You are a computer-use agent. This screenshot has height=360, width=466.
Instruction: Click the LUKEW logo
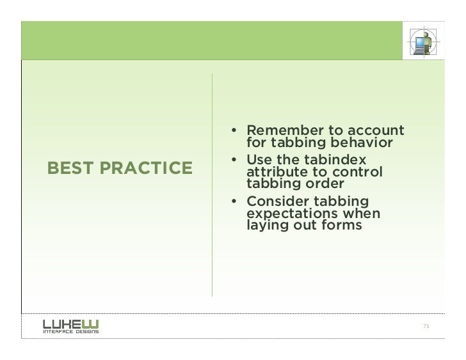(71, 324)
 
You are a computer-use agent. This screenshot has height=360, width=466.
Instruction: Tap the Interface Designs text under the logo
(71, 333)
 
